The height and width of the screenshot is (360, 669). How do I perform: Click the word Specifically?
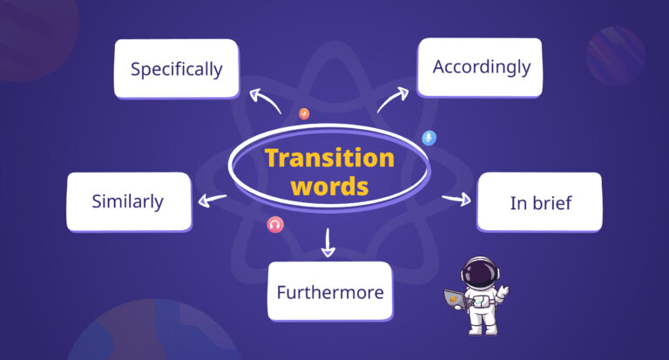(x=176, y=69)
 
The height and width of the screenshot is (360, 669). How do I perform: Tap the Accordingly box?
(x=480, y=66)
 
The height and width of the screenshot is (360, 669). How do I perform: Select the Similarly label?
(x=128, y=201)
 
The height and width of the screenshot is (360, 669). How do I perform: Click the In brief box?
(x=540, y=203)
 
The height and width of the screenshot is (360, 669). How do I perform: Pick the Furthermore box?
(x=329, y=292)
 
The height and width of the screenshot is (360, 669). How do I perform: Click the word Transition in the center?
(x=329, y=158)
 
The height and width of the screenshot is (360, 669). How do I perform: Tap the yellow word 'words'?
(x=329, y=186)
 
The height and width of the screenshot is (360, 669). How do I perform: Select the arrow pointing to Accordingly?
(x=393, y=99)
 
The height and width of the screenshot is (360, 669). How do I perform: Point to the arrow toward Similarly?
(x=212, y=200)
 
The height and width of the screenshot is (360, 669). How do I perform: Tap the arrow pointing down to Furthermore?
(x=328, y=243)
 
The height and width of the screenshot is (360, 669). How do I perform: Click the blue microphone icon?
(x=428, y=138)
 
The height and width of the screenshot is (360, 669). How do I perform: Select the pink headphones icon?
(x=275, y=225)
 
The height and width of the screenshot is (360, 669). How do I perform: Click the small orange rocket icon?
(x=304, y=113)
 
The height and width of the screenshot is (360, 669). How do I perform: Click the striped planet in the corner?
(x=615, y=54)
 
